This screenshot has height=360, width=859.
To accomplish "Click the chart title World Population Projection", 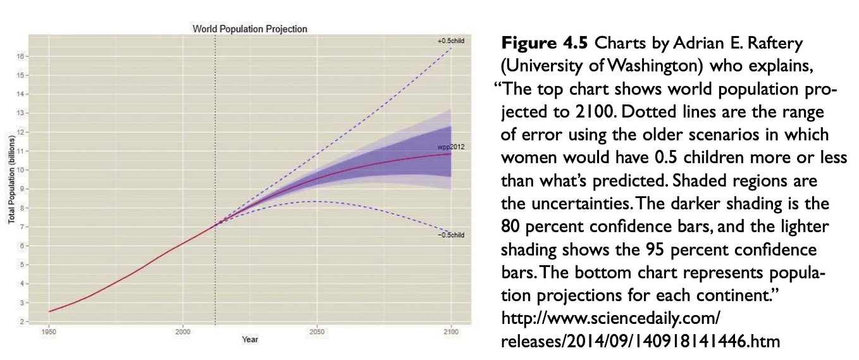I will click(249, 29).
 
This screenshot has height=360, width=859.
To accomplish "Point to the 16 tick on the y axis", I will click(22, 56).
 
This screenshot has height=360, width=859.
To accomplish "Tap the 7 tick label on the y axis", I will click(22, 227).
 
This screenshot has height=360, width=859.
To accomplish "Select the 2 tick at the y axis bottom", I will click(22, 321).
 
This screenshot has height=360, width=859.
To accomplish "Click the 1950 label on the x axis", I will click(48, 332).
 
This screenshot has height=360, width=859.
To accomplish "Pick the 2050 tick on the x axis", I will click(317, 332).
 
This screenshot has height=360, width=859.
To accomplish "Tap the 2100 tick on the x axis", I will click(451, 332).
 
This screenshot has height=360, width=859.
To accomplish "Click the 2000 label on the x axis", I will click(182, 332).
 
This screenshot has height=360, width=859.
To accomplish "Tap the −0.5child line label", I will click(450, 235).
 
